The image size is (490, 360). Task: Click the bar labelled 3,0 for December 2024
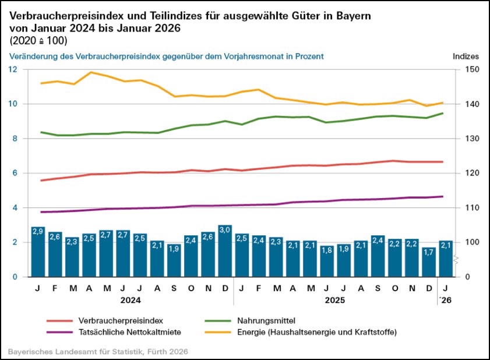225,251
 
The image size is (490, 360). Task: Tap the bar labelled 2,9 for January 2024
38,252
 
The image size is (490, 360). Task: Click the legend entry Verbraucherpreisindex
120,320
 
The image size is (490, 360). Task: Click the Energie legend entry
317,332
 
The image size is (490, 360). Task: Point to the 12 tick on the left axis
13,69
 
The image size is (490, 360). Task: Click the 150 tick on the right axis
462,69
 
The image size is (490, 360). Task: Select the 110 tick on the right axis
462,208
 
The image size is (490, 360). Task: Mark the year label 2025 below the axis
335,301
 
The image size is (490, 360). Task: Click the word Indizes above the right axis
466,57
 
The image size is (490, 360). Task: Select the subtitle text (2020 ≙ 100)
38,40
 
